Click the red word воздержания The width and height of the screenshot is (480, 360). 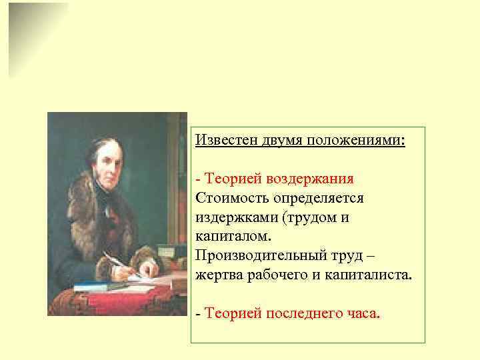pos(310,179)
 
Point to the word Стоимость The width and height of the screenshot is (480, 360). pos(229,199)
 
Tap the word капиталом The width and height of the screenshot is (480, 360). pos(231,237)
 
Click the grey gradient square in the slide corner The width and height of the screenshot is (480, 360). pos(37,37)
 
